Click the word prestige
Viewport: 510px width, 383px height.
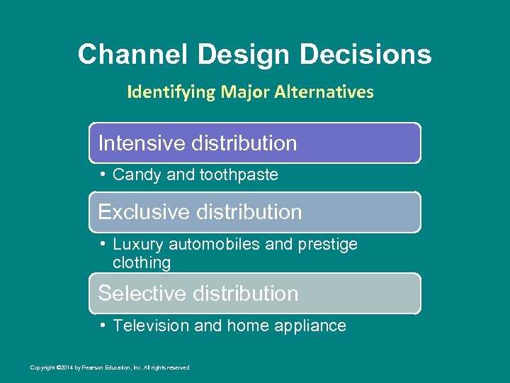pos(327,245)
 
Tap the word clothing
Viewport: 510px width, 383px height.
pos(142,263)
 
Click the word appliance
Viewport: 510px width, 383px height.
pos(314,327)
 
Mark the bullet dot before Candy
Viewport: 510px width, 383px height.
pos(103,174)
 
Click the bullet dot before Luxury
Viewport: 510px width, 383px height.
pos(103,244)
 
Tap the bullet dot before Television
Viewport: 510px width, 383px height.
pos(103,326)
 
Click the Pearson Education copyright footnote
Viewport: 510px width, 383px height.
pos(110,367)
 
